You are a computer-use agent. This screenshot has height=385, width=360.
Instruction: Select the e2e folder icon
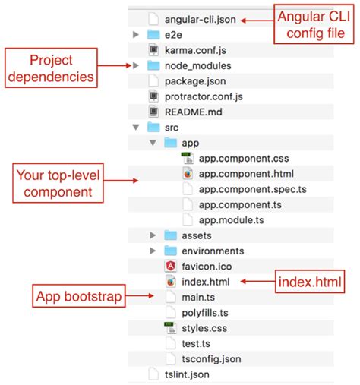pos(153,34)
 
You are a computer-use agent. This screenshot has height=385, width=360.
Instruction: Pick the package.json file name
pos(194,81)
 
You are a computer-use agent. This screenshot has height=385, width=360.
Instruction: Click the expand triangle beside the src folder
pos(136,128)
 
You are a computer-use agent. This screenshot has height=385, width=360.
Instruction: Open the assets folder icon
pos(170,235)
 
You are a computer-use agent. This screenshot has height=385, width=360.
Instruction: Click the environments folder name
pos(213,251)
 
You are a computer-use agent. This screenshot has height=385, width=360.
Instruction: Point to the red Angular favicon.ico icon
pos(170,266)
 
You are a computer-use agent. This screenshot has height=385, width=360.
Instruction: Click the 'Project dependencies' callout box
pos(52,67)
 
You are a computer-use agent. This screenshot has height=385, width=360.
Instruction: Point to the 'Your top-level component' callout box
pos(60,184)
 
